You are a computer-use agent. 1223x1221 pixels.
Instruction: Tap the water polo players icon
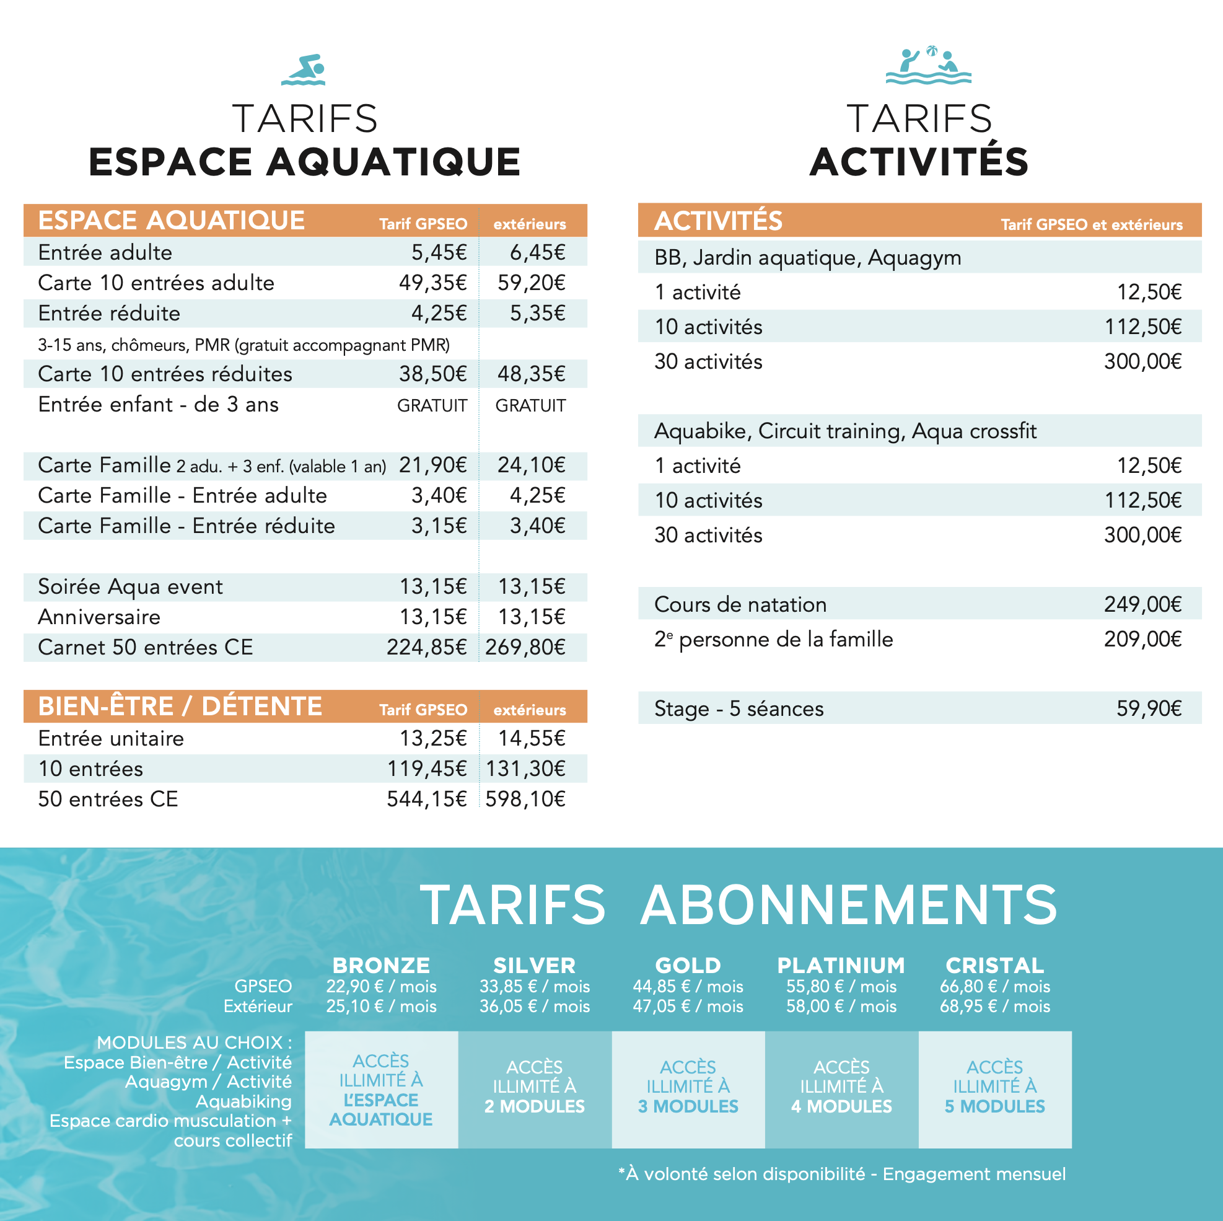coord(928,66)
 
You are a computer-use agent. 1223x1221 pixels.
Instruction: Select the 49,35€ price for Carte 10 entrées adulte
coord(432,283)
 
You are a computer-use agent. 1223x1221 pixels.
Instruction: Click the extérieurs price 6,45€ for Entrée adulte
coord(537,253)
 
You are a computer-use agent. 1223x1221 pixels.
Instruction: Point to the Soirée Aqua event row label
coord(130,587)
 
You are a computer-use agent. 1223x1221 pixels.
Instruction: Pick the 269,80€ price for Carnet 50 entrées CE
coord(525,647)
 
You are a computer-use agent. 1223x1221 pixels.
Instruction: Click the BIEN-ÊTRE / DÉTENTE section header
coord(180,706)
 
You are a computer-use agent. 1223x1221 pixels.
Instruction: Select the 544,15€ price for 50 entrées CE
coord(427,799)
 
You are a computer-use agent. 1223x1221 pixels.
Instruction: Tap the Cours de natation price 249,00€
coord(1142,605)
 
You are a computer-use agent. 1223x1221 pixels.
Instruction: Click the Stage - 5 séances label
coord(739,708)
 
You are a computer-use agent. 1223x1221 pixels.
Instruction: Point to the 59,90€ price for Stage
coord(1148,708)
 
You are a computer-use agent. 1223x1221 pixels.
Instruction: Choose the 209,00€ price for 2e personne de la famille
coord(1142,640)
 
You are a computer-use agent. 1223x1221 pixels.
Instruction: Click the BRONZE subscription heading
coord(381,966)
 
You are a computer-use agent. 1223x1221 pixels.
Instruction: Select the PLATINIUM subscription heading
coord(841,966)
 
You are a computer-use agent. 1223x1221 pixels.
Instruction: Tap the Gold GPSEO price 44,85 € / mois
coord(688,987)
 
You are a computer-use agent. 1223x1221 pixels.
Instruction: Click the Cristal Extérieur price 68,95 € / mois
coord(994,1007)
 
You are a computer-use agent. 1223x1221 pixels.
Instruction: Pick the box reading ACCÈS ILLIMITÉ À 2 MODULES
coord(535,1089)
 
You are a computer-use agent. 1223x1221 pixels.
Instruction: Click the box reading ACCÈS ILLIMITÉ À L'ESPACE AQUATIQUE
coord(381,1089)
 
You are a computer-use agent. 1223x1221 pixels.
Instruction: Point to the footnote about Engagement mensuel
coord(842,1174)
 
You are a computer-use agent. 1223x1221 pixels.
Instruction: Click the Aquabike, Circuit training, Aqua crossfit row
coord(845,431)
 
